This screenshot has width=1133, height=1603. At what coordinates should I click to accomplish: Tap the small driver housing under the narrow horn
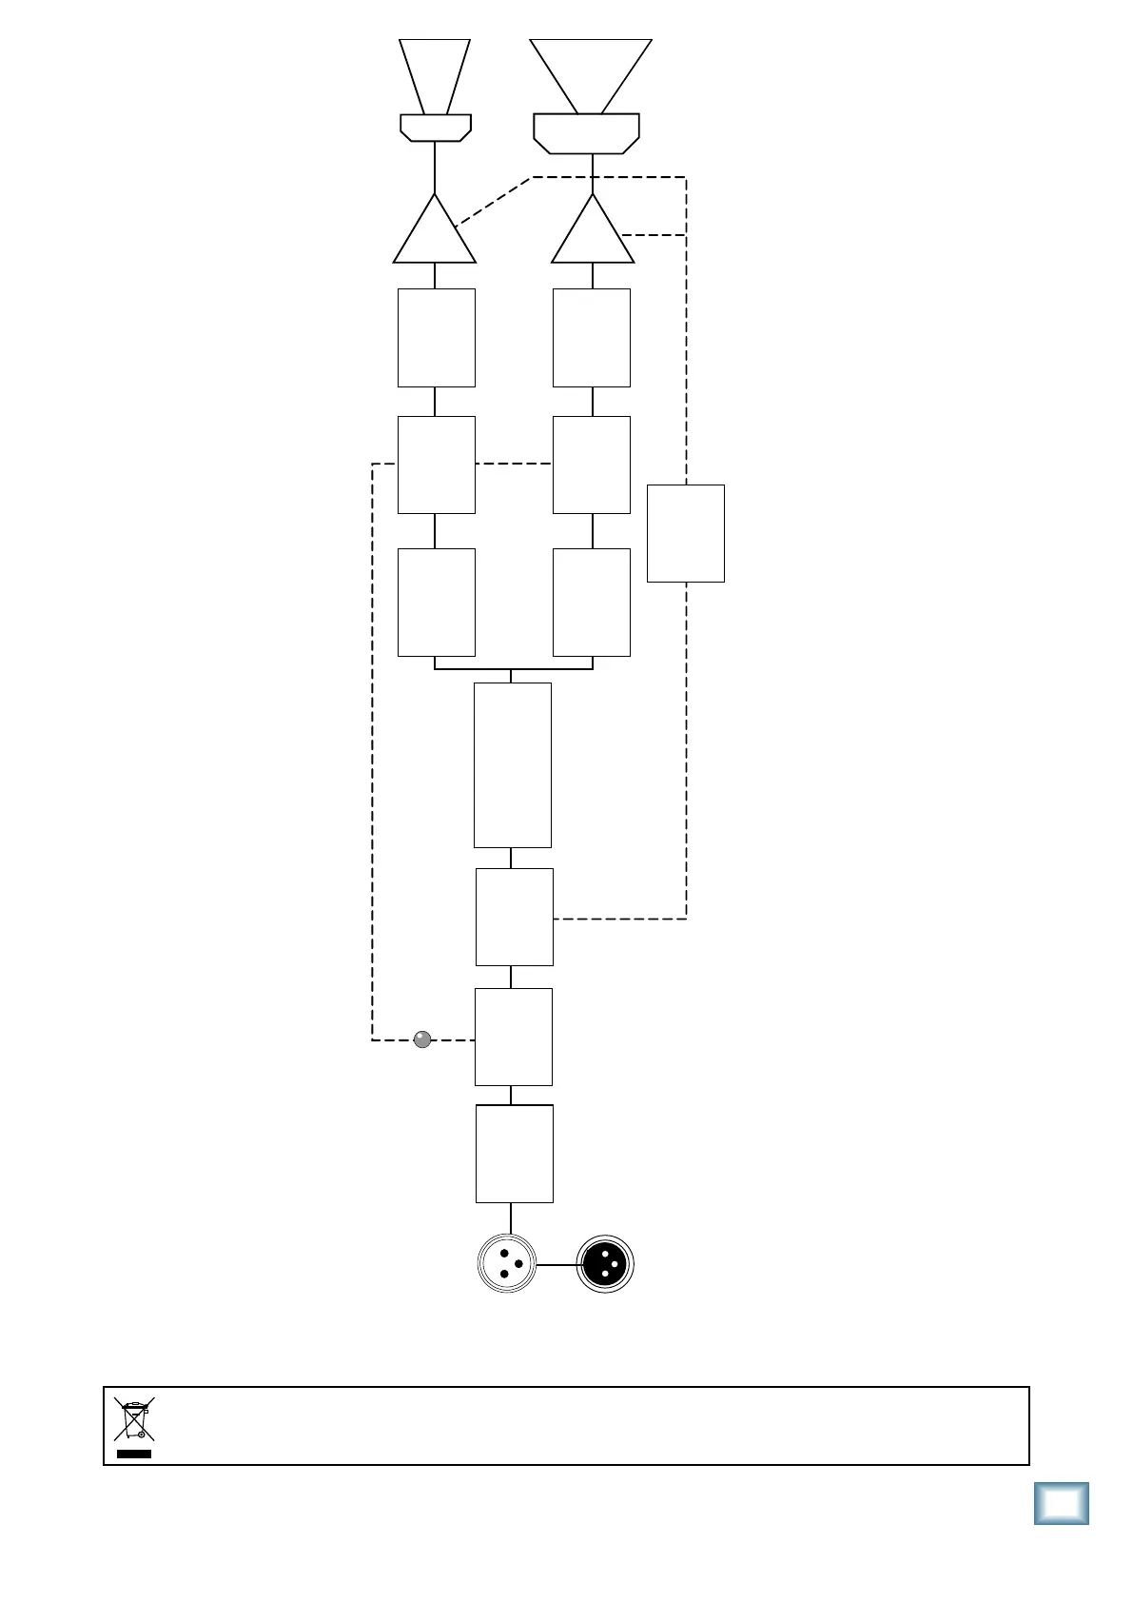[435, 128]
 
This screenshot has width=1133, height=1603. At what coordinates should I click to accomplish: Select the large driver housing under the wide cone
[586, 133]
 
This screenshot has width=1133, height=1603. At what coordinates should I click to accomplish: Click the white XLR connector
[508, 1263]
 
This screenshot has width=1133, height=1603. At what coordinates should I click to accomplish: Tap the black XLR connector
[605, 1263]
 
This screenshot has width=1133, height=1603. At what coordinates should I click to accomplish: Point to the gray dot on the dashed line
[423, 1039]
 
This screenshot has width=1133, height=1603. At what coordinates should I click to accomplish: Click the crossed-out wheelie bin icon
[134, 1419]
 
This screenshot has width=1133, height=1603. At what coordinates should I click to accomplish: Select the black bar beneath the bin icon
[134, 1455]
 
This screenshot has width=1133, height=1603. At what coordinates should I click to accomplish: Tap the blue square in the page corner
[1061, 1504]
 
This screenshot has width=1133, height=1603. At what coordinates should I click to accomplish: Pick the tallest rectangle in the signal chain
[513, 764]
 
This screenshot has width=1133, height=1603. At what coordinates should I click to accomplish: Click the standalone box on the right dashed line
[686, 533]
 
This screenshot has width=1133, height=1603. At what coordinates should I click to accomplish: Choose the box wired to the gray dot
[514, 1037]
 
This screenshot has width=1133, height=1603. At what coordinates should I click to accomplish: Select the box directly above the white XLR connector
[514, 1154]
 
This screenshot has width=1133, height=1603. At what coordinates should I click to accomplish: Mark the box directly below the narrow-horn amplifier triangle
[437, 338]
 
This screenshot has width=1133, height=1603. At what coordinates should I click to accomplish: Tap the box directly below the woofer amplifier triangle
[592, 338]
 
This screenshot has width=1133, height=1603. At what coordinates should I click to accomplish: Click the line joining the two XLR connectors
[557, 1265]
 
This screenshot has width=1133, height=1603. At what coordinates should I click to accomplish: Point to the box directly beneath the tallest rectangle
[514, 917]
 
